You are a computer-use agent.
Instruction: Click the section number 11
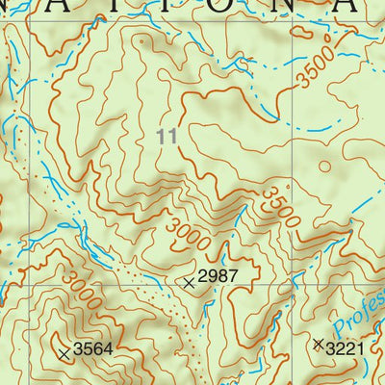point(167,138)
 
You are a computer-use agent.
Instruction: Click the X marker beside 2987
point(190,282)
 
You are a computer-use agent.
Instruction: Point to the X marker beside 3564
point(64,354)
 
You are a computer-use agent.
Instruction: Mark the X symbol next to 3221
point(319,343)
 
